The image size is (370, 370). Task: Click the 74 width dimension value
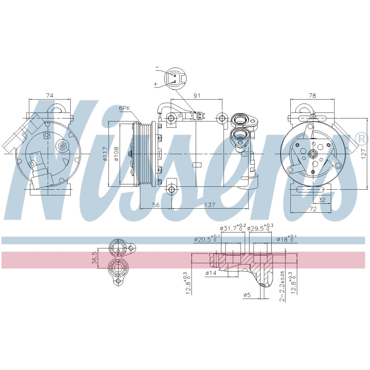50,95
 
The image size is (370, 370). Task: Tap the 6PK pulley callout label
125,108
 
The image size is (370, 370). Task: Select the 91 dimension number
197,95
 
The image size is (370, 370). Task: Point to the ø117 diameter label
105,154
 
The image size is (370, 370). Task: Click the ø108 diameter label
116,154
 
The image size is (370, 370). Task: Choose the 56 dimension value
156,205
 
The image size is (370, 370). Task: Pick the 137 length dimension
210,205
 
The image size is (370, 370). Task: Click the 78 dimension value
312,95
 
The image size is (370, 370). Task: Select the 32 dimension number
322,200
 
